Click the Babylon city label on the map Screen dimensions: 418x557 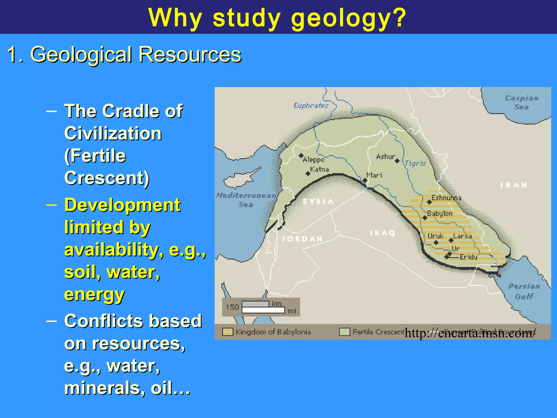tap(440, 214)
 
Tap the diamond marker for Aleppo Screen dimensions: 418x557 tap(301, 156)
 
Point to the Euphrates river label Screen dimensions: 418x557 tap(311, 106)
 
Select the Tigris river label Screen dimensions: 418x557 tap(415, 163)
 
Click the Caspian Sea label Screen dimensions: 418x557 tap(521, 102)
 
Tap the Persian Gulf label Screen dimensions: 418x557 tap(524, 291)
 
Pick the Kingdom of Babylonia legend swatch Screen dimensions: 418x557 tap(228, 332)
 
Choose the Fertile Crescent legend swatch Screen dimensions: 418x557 tap(344, 332)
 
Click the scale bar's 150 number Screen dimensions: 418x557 tap(232, 307)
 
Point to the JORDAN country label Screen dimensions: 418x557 tap(302, 239)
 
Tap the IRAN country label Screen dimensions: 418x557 tap(514, 185)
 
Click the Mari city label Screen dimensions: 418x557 tap(374, 175)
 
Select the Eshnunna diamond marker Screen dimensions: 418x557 tap(429, 202)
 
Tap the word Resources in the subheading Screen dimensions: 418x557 tap(190, 54)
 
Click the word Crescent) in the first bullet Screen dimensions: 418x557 tap(107, 178)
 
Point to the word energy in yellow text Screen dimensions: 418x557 tap(94, 294)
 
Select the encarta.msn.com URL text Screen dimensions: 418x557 tap(470, 333)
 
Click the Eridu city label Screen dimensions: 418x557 tap(468, 257)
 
